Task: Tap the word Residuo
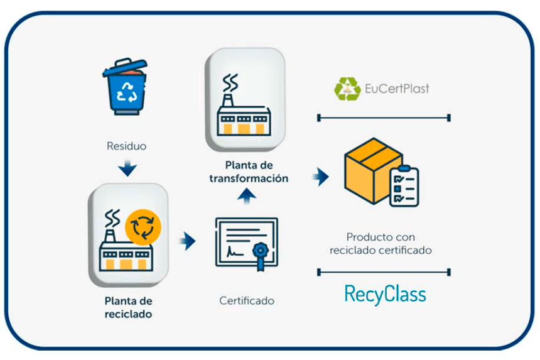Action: point(126,146)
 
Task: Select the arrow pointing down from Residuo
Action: point(127,168)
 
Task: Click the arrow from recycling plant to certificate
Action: point(186,241)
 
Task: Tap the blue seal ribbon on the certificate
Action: point(261,256)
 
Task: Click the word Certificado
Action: point(247,301)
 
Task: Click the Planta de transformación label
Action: point(248,172)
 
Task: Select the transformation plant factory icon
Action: point(245,104)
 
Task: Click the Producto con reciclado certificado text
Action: point(380,244)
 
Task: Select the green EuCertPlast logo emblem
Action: point(347,89)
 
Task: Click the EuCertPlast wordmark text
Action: point(397,89)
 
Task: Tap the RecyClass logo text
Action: point(385,294)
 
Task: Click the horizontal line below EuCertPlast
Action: point(384,117)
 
